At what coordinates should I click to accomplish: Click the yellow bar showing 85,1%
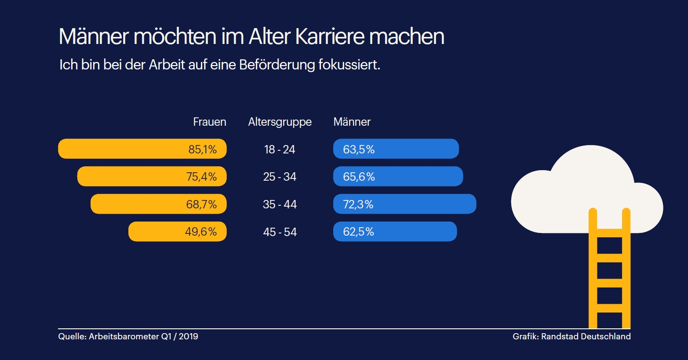point(142,149)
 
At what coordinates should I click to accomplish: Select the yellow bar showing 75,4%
point(152,177)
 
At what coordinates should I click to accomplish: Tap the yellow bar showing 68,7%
point(158,204)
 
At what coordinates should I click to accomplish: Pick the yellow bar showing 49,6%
point(177,232)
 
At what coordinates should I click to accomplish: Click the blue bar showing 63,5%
point(396,149)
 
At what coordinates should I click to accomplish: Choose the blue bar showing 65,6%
point(398,177)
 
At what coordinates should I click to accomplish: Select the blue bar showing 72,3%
point(404,204)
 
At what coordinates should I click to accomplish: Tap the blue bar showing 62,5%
point(395,232)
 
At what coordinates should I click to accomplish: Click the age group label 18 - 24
point(280,149)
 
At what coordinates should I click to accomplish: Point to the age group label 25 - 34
point(280,177)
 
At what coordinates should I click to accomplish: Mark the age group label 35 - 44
point(280,204)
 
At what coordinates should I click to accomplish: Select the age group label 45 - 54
point(280,232)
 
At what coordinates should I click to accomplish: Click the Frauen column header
point(210,122)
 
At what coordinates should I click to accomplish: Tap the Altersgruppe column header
point(280,122)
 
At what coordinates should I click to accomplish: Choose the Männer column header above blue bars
point(352,122)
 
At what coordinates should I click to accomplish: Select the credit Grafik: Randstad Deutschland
point(572,336)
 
